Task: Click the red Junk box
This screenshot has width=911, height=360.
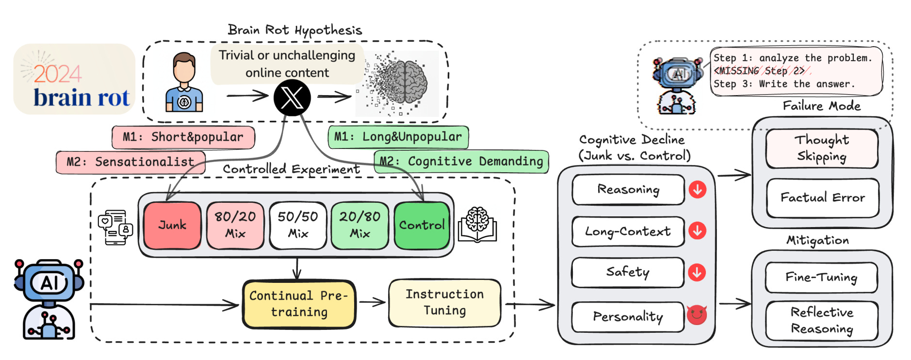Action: [172, 225]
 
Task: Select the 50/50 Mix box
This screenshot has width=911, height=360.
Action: [297, 225]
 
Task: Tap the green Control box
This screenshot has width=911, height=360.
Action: [422, 225]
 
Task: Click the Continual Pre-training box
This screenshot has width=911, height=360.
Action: [299, 304]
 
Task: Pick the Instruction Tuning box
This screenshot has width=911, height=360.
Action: [444, 302]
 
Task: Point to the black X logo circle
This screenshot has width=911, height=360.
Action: [292, 98]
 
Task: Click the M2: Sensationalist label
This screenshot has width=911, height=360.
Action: [130, 162]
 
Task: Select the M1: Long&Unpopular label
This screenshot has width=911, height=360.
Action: [398, 137]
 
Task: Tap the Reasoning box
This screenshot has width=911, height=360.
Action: [628, 189]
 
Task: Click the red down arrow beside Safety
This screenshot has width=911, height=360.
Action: [697, 272]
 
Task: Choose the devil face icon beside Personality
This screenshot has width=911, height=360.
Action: [697, 315]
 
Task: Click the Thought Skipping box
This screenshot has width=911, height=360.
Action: [822, 148]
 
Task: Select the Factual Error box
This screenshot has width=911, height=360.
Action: [823, 197]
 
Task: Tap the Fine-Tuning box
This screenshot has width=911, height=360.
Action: [821, 277]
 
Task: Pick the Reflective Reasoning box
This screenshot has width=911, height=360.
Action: [822, 320]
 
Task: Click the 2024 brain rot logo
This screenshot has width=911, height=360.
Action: [74, 79]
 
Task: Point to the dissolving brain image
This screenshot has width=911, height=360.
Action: [398, 82]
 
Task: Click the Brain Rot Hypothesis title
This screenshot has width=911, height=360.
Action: [295, 30]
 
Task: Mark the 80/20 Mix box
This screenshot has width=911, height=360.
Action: [235, 225]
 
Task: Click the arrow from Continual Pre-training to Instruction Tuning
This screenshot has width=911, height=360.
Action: [372, 302]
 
